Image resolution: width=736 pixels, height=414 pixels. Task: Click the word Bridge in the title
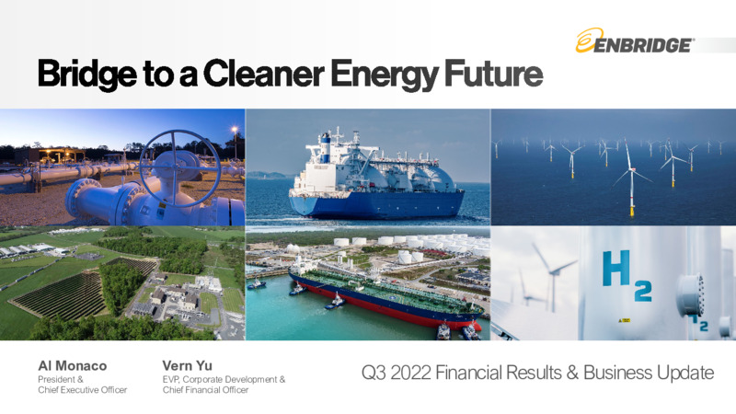coord(87,75)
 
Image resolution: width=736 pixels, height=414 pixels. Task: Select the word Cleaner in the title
coord(264,73)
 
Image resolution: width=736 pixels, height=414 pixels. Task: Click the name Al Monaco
coord(73,365)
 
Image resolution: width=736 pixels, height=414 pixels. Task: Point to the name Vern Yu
coord(188,365)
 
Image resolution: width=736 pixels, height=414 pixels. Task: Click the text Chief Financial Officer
coord(205,389)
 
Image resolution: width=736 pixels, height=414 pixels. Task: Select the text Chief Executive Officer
coord(83,389)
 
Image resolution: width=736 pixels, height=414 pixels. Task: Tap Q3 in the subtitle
coord(374,374)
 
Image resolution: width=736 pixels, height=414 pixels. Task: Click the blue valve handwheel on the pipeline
coord(179,168)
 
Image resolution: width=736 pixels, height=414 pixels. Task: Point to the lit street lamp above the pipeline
coord(235,130)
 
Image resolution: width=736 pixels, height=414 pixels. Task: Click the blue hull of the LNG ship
coord(375,203)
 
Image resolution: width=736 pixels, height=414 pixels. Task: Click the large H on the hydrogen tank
coord(616,268)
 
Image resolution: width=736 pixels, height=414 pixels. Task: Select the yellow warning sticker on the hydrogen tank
coord(625,320)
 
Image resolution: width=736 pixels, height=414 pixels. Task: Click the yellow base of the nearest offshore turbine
coord(632,212)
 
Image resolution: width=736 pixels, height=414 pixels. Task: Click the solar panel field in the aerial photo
coord(60,295)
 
